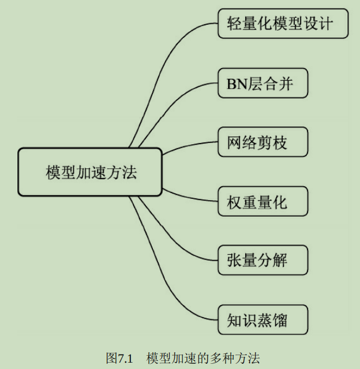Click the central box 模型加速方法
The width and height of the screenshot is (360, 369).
[89, 172]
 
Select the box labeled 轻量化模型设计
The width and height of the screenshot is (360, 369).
[283, 24]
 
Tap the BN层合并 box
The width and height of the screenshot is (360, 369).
[263, 84]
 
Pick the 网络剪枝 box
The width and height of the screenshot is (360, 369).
[263, 142]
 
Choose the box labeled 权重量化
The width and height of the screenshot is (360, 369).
[263, 202]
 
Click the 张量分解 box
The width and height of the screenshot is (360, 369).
[263, 261]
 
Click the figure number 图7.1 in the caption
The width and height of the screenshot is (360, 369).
[119, 358]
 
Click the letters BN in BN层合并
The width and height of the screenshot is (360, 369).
[235, 84]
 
